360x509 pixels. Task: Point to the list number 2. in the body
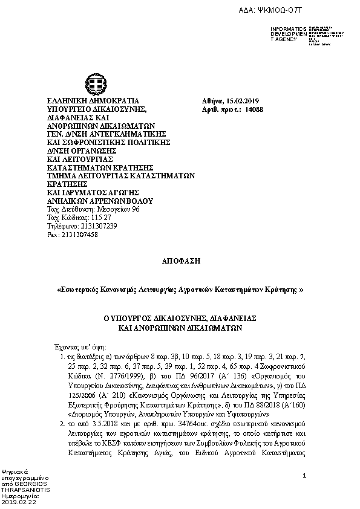pyautogui.click(x=63, y=426)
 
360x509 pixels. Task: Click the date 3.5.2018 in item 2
pyautogui.click(x=108, y=426)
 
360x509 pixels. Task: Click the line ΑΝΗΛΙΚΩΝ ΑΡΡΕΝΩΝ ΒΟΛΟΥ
pyautogui.click(x=100, y=200)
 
